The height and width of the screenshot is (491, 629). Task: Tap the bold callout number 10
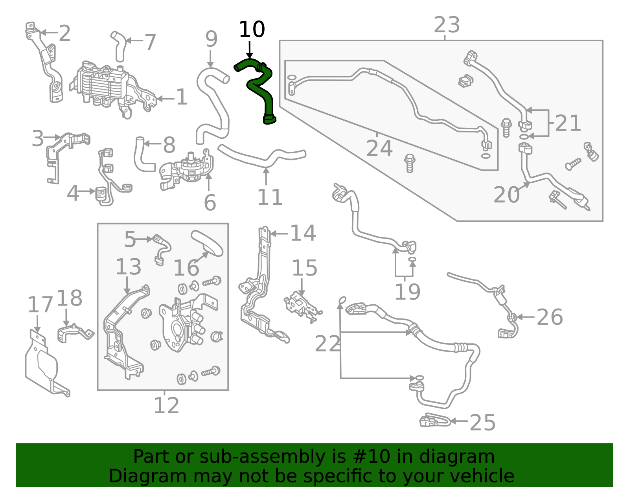point(252,30)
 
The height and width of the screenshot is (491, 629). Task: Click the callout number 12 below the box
point(166,406)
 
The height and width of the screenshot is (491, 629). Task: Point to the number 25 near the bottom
point(482,423)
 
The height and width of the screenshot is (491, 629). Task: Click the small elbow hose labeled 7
point(119,46)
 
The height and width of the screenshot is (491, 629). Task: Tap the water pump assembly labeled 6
point(189,169)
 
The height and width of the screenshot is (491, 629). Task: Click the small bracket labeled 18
point(75,332)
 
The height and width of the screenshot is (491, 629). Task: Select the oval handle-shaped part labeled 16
point(207,243)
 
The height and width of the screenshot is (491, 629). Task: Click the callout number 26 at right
point(549,317)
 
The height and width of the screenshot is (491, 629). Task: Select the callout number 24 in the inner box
point(379,149)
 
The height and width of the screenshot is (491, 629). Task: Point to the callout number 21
point(568,123)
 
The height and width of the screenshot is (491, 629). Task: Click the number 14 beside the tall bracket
point(303,234)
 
